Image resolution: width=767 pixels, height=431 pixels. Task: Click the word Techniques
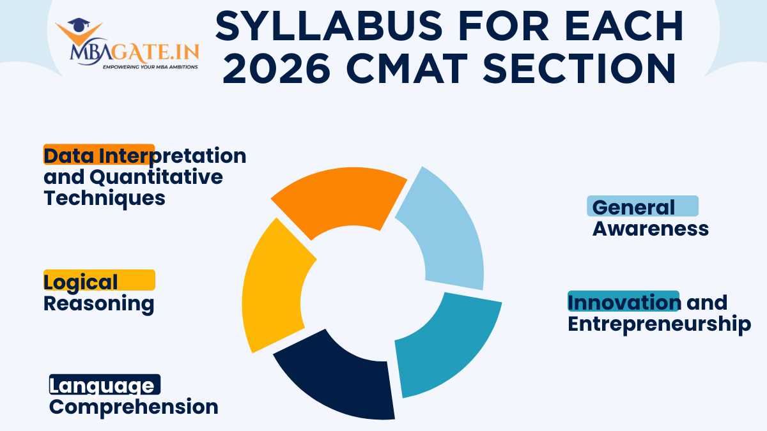click(104, 197)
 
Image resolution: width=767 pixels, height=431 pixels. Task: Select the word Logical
click(81, 282)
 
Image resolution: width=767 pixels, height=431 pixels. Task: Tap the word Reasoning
click(98, 303)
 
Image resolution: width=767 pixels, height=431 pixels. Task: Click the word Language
click(102, 386)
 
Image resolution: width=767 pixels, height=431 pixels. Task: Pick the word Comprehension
click(134, 407)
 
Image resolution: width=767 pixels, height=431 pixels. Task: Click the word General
click(633, 207)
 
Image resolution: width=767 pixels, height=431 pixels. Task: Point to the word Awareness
click(650, 228)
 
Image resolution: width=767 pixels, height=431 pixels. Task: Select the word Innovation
click(623, 302)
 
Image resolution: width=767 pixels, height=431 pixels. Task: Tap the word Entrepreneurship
click(659, 323)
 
